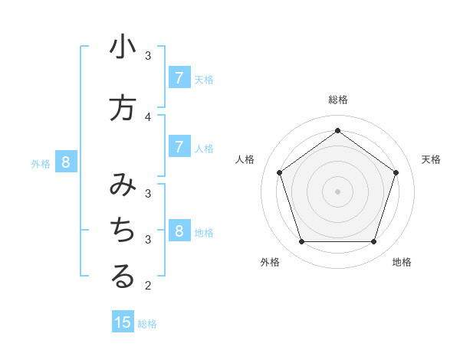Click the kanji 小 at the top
click(123, 47)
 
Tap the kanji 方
click(123, 108)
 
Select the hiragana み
click(123, 185)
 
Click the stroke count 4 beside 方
click(148, 116)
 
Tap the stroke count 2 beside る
click(148, 286)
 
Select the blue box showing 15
click(123, 322)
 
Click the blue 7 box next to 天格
click(179, 78)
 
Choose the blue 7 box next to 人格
click(179, 147)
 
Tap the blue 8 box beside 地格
click(179, 231)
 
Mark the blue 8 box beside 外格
click(66, 162)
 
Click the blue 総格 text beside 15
click(147, 323)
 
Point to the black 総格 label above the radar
click(337, 100)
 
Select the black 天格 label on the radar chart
click(431, 159)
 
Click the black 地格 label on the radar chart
click(402, 262)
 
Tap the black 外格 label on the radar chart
click(270, 262)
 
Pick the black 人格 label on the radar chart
click(245, 159)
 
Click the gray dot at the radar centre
click(337, 191)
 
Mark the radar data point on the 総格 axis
click(337, 130)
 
